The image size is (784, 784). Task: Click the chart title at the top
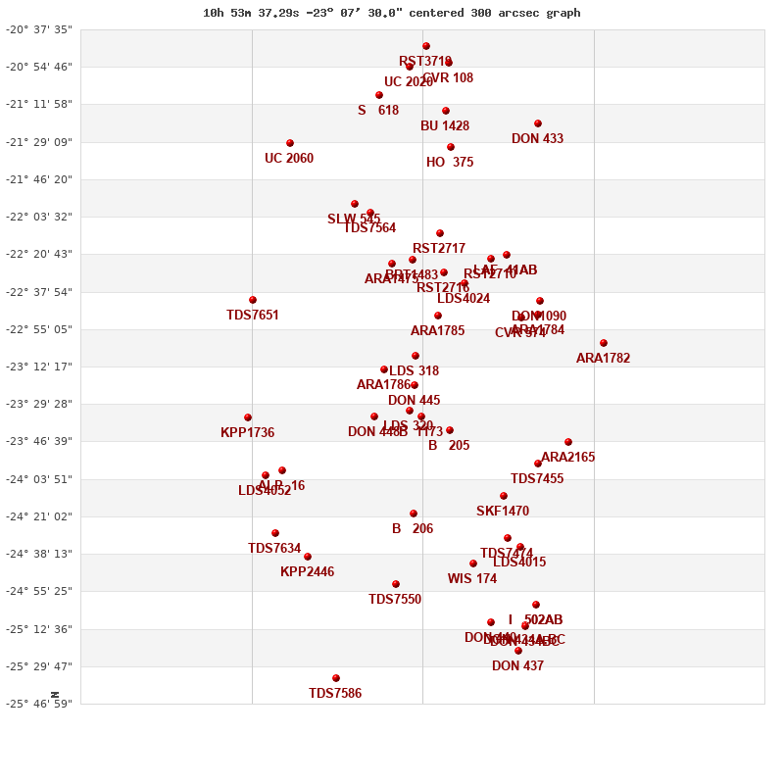tap(391, 13)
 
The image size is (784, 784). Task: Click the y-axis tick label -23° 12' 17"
tap(39, 367)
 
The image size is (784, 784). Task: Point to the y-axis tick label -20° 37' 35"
tap(39, 29)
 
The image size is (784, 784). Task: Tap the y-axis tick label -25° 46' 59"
tap(39, 704)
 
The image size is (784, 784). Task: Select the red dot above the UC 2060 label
tap(290, 143)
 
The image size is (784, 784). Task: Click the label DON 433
tap(537, 139)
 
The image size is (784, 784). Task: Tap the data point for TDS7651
tap(253, 300)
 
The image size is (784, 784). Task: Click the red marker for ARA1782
tap(604, 343)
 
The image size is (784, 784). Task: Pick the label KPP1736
tap(247, 433)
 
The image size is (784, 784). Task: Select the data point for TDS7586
tap(336, 678)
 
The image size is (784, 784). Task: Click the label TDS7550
tap(395, 600)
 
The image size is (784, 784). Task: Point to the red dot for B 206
tap(414, 514)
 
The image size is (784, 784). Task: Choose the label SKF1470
tap(503, 512)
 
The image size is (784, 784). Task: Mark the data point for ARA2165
tap(568, 442)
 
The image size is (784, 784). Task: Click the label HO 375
tap(450, 163)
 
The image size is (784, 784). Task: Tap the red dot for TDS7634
tap(275, 533)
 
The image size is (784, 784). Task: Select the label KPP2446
tap(307, 572)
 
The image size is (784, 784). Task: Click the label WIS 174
tap(472, 579)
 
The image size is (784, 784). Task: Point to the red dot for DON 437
tap(518, 651)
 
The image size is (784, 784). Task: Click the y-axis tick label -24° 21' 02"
tap(39, 516)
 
